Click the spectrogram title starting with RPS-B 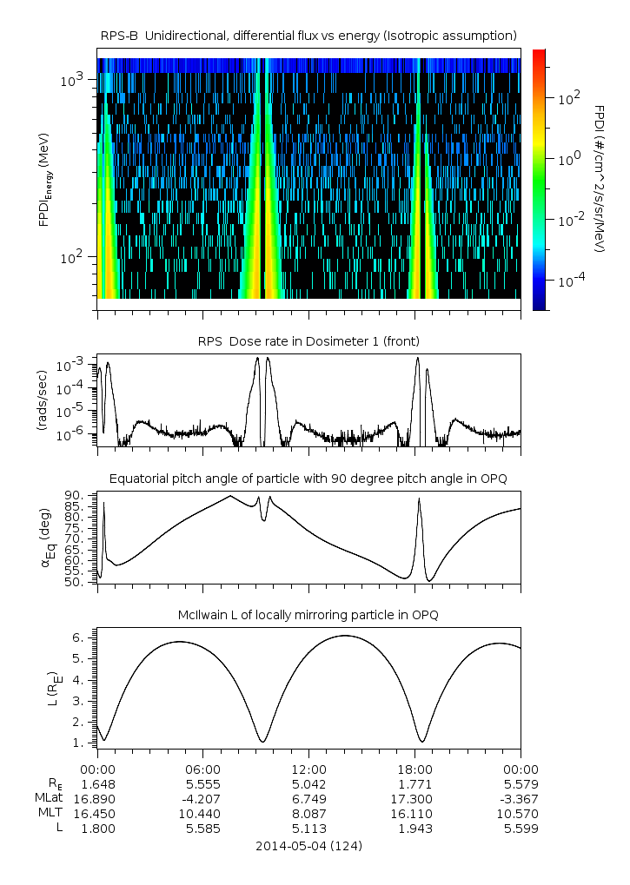308,35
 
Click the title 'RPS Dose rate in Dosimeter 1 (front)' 308,340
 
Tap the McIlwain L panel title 308,616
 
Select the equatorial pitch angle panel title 308,479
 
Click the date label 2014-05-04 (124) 308,845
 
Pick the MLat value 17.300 414,798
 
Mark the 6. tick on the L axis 78,637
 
